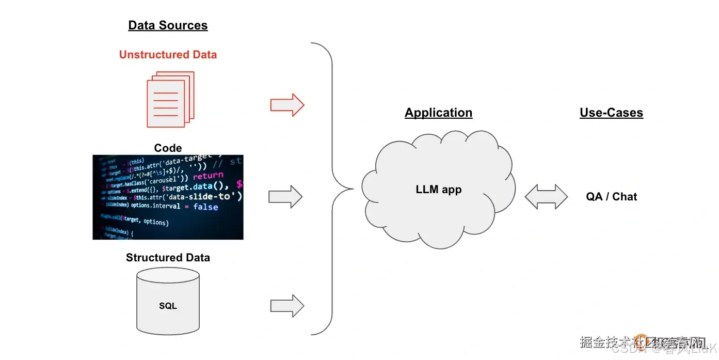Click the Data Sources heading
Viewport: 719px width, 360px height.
[168, 25]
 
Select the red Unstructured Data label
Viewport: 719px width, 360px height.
[168, 55]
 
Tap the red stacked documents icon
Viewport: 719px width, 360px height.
[170, 99]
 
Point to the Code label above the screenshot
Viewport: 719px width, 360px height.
[168, 148]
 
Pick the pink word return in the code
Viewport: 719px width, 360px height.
[208, 176]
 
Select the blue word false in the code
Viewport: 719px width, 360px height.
[205, 207]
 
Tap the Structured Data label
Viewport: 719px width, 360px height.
[168, 257]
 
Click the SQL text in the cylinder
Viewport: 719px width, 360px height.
[168, 306]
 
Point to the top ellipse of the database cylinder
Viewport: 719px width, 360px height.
[168, 276]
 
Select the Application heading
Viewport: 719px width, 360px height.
[438, 113]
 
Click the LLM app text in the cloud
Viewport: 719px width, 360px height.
[438, 190]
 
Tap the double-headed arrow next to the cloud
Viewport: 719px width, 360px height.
[546, 197]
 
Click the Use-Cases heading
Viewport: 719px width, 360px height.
[611, 113]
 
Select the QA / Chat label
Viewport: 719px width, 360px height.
[611, 197]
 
